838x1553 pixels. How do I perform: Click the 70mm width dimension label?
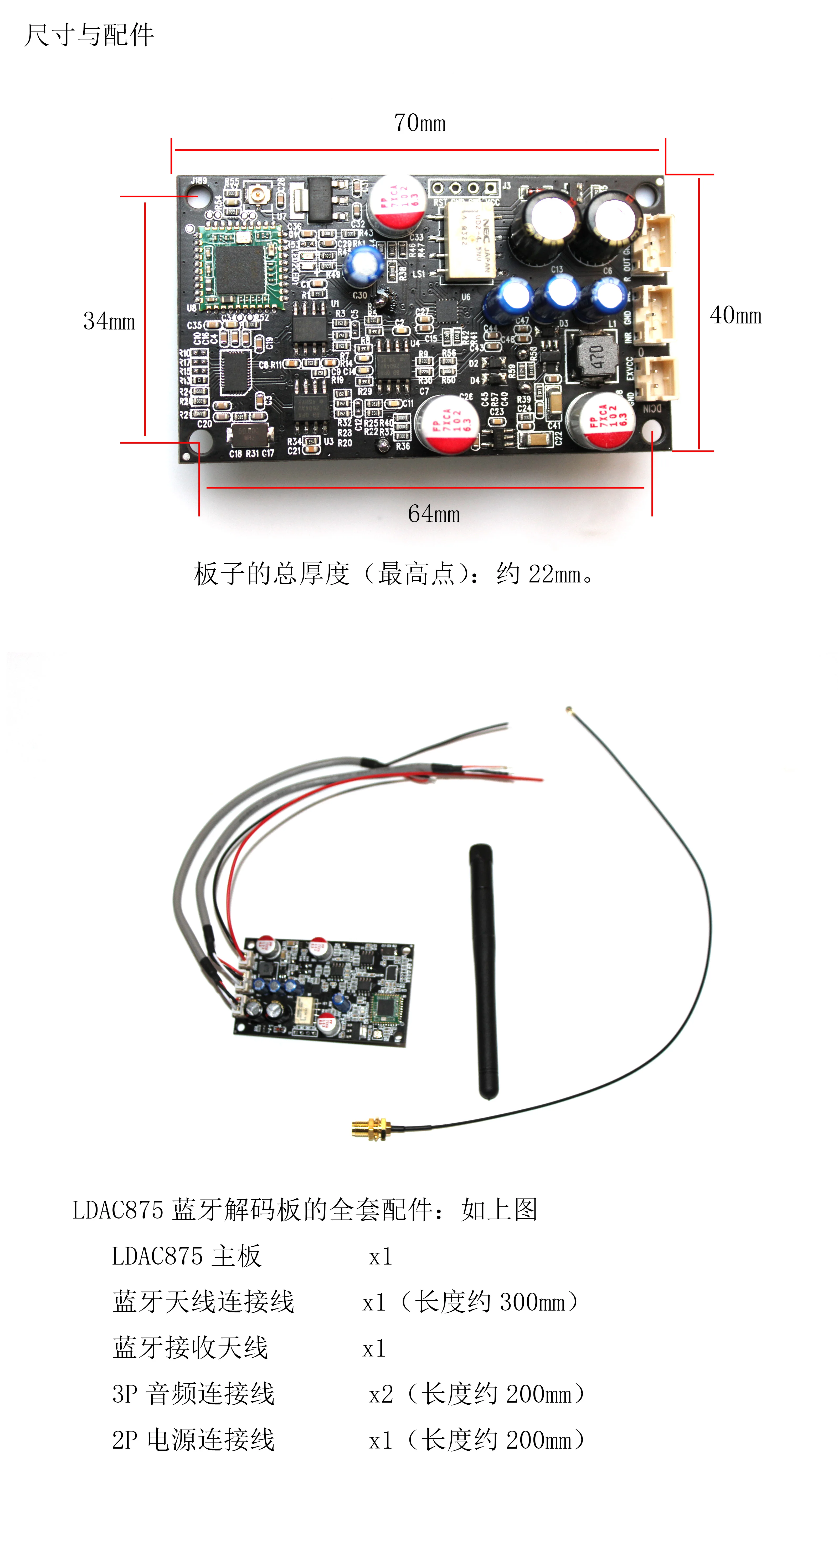pyautogui.click(x=420, y=123)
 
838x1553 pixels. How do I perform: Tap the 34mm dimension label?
pyautogui.click(x=109, y=321)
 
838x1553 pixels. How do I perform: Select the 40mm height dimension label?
pyautogui.click(x=736, y=315)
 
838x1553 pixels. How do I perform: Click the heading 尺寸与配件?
pyautogui.click(x=89, y=35)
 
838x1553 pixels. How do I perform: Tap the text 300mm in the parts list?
pyautogui.click(x=532, y=1302)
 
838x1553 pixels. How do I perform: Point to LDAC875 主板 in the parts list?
pyautogui.click(x=187, y=1256)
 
